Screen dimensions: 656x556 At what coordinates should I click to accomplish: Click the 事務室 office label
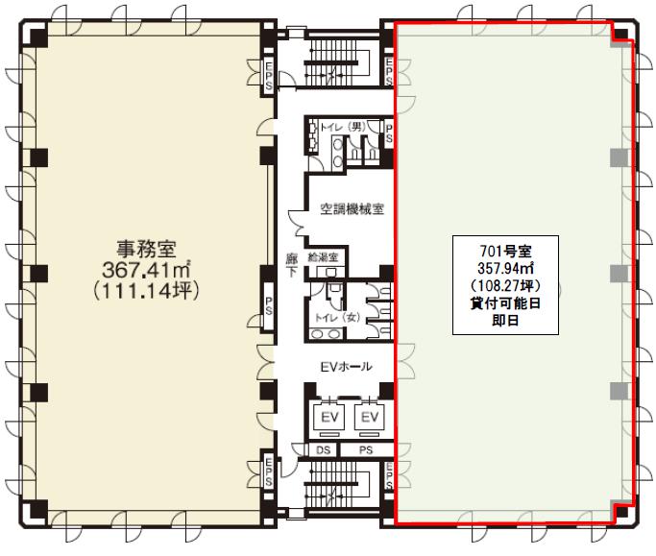[x=146, y=250]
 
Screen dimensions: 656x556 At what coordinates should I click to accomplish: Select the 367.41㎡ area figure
[x=146, y=270]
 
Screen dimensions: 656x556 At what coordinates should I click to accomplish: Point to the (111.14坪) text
[x=146, y=290]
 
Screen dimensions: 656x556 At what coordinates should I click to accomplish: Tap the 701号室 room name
[x=505, y=251]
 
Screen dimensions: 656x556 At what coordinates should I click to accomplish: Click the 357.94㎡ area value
[x=505, y=268]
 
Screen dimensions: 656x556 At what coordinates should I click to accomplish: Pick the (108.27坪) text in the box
[x=505, y=286]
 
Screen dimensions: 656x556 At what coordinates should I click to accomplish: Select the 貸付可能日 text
[x=505, y=302]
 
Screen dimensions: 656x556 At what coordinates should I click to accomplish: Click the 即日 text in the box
[x=505, y=320]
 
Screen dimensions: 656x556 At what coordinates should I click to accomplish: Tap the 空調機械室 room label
[x=352, y=208]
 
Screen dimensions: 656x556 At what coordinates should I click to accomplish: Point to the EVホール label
[x=346, y=367]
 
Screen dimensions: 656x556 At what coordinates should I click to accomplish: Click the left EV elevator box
[x=329, y=417]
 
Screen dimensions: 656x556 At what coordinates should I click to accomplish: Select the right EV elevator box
[x=370, y=417]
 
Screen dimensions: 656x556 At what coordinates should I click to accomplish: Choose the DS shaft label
[x=323, y=450]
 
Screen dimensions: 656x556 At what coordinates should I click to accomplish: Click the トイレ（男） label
[x=343, y=127]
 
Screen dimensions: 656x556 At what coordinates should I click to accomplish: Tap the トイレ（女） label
[x=337, y=318]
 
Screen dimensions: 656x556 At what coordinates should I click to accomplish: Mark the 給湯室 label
[x=323, y=256]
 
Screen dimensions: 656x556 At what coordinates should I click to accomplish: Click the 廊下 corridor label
[x=292, y=265]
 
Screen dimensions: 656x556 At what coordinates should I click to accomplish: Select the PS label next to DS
[x=366, y=450]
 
